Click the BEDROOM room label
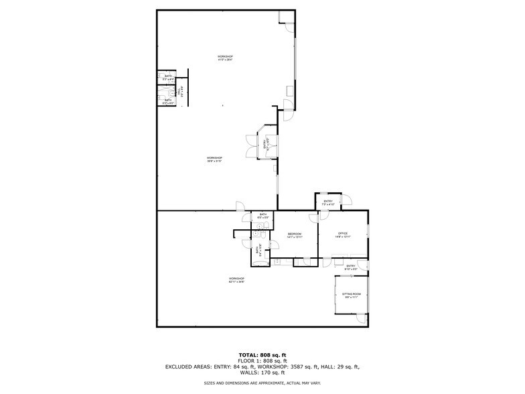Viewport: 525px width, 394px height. (x=294, y=234)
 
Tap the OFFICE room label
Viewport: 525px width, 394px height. (x=343, y=233)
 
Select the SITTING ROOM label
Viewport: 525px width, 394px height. (x=352, y=294)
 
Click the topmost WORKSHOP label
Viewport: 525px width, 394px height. (x=225, y=56)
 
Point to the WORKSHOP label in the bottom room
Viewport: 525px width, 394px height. (x=236, y=278)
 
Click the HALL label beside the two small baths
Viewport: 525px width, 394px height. (x=179, y=94)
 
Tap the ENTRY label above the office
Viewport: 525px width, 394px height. (x=328, y=202)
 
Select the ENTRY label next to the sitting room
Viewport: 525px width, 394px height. (x=350, y=266)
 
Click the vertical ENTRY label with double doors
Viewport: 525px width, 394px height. (x=265, y=143)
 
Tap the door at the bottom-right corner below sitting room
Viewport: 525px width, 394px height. (x=362, y=320)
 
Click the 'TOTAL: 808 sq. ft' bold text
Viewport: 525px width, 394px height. (x=262, y=354)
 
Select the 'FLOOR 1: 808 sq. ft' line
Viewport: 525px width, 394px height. (x=262, y=360)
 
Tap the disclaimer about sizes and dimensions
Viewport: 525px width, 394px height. (x=262, y=383)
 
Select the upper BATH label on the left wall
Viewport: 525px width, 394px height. (x=168, y=76)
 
